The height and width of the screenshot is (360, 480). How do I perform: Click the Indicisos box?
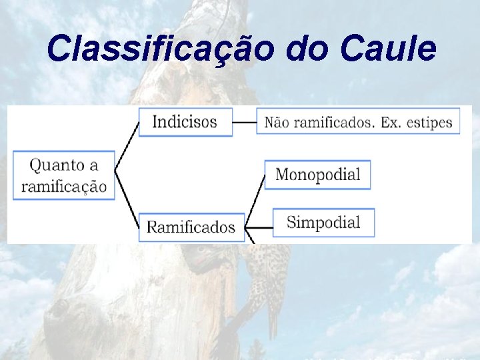pos(185,122)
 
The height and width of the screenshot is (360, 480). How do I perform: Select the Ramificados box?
pos(191,227)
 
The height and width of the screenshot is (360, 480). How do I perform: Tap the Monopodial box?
pos(317,175)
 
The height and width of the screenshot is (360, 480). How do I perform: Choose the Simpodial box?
pos(323,222)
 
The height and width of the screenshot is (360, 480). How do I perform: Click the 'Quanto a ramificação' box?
pos(64,175)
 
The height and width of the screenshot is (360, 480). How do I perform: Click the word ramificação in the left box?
pos(64,185)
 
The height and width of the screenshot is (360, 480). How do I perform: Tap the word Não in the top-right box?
pos(278,123)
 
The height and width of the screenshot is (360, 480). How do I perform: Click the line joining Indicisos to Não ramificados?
pos(245,123)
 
